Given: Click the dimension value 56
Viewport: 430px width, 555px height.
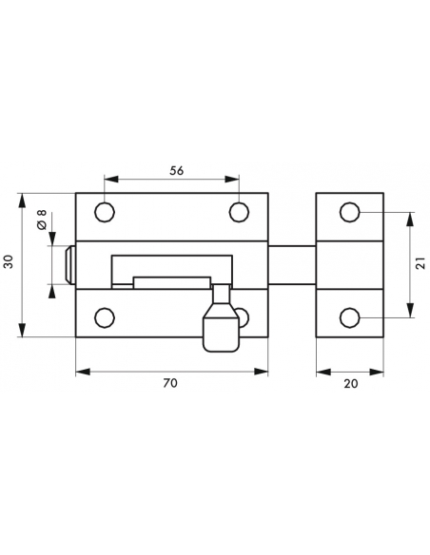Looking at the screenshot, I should [x=175, y=171].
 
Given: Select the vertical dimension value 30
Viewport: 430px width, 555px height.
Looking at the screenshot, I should [x=9, y=263].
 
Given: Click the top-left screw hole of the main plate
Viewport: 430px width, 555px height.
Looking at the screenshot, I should [x=106, y=210].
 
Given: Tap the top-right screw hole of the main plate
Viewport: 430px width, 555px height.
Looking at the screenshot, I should [x=239, y=210].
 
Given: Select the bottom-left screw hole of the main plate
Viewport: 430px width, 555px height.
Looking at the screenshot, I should [x=106, y=317].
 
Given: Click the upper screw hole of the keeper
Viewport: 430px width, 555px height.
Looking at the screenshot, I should [x=350, y=211].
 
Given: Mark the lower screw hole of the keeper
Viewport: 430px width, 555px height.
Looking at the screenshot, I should [x=350, y=316].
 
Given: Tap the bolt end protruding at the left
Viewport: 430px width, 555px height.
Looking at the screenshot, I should [x=69, y=264].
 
